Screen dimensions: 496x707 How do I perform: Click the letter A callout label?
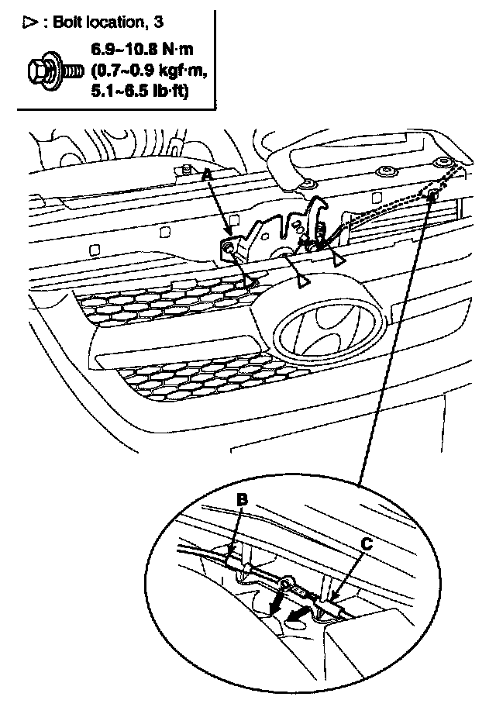click(x=207, y=177)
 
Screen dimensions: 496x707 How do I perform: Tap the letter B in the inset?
click(x=242, y=500)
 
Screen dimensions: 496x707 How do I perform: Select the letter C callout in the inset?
click(x=367, y=544)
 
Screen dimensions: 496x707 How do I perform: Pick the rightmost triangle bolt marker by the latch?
click(x=339, y=260)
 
